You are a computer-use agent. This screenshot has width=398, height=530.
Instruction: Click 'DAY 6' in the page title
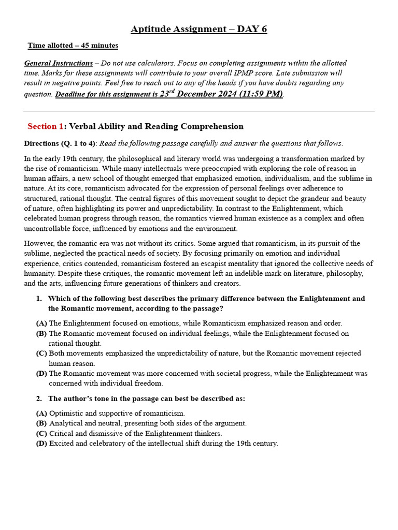click(252, 29)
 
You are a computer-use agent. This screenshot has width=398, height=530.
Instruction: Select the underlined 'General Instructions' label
click(59, 63)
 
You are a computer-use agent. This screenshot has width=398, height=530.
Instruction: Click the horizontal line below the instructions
click(199, 111)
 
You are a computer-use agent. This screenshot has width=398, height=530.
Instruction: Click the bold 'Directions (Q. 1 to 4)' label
click(60, 143)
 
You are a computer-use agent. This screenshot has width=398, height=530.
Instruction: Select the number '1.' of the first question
click(39, 299)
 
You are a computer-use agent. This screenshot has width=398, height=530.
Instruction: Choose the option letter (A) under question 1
click(41, 323)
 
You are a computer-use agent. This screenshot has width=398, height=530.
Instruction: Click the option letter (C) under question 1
click(41, 353)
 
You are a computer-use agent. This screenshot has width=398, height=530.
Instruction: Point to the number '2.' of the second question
click(39, 399)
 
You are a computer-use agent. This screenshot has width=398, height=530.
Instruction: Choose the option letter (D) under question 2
click(41, 444)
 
